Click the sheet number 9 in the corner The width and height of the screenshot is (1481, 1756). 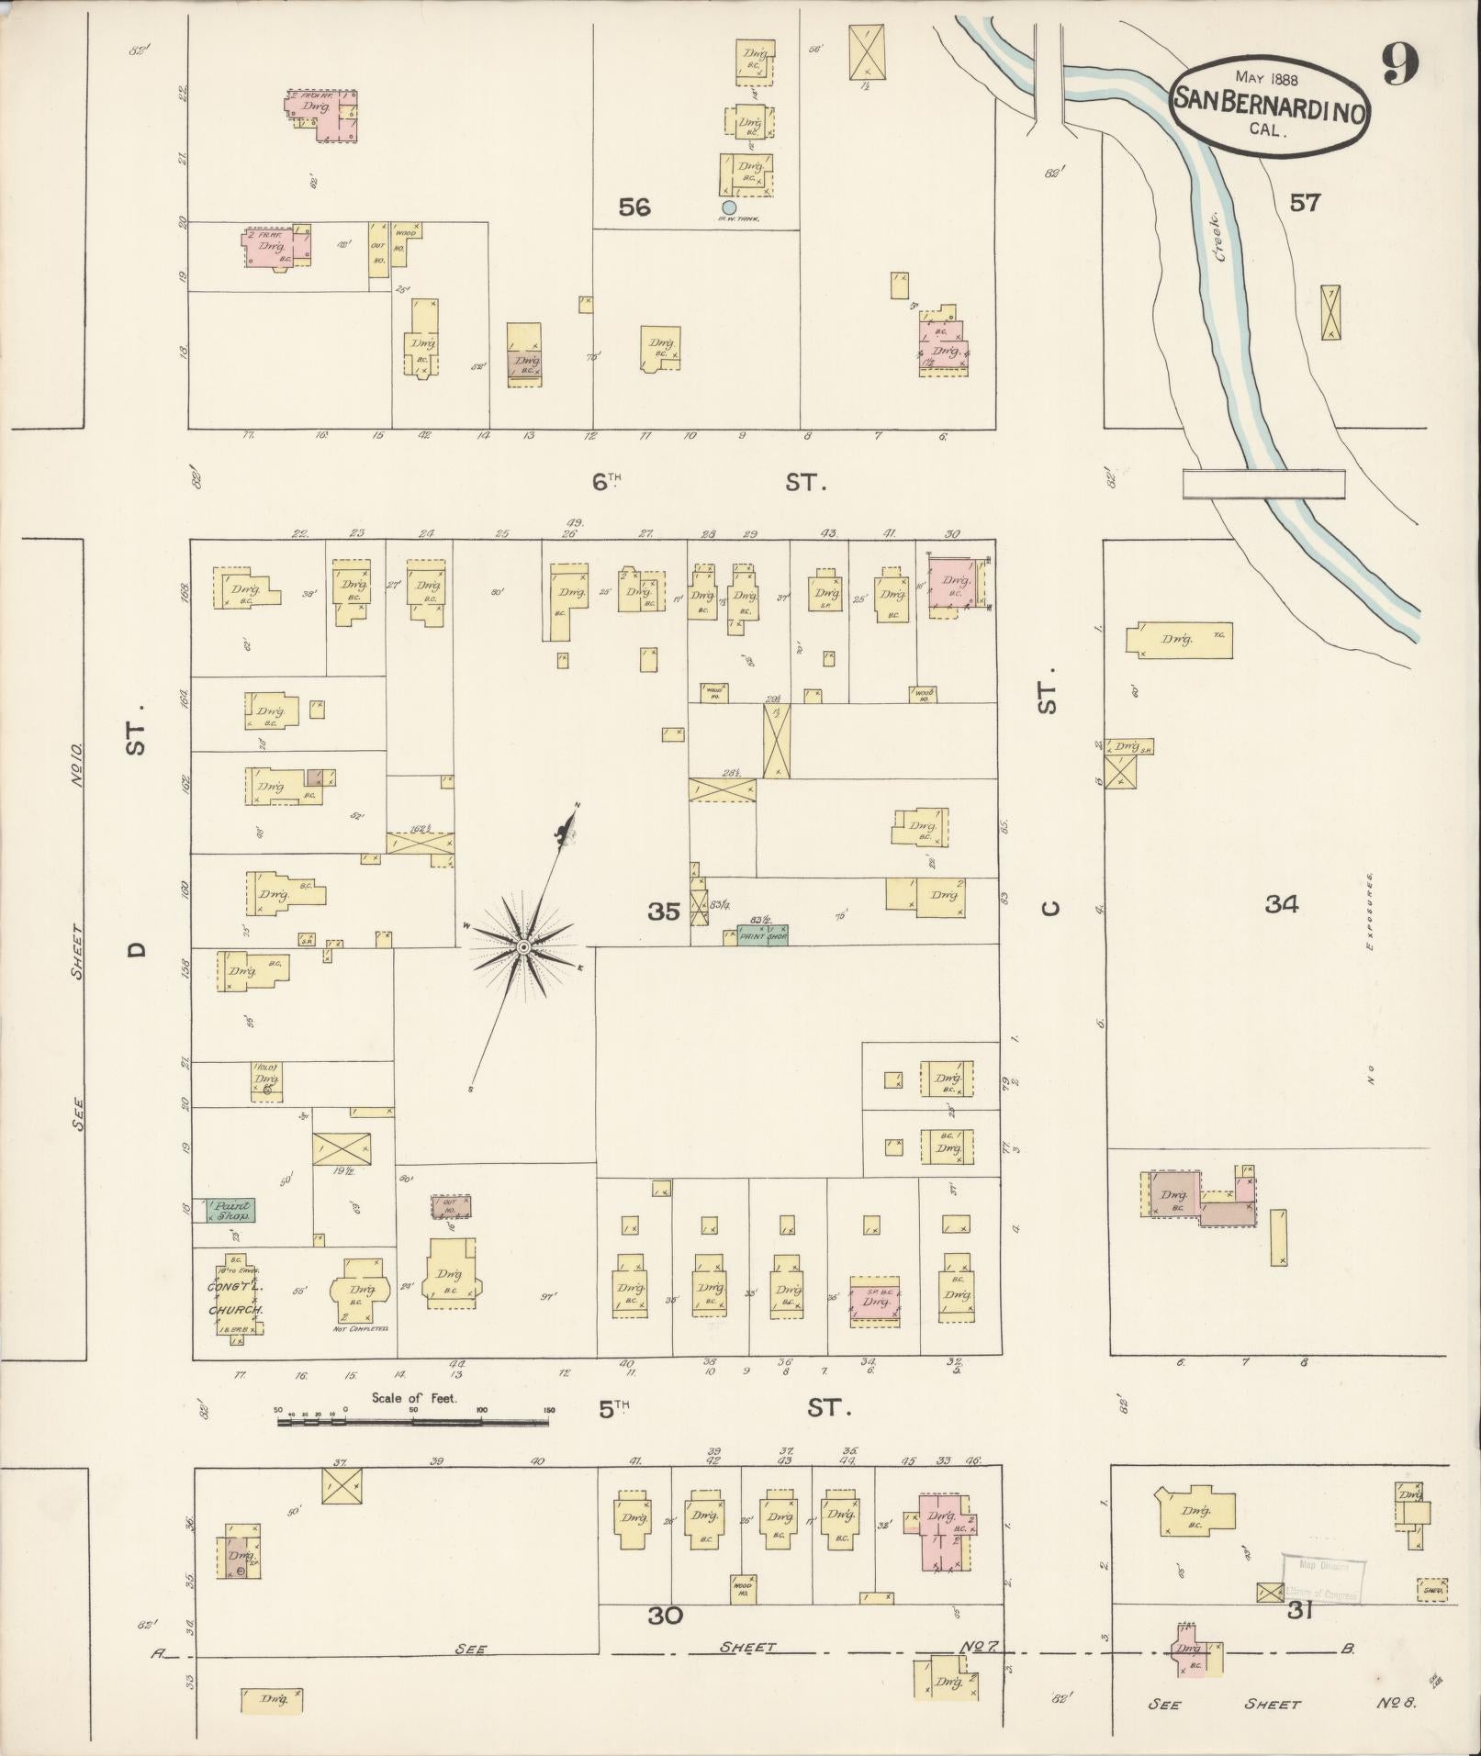(1399, 65)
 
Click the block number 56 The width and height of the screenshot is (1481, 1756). (634, 207)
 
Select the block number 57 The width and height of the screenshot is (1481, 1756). (1304, 203)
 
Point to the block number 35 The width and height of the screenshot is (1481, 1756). (664, 912)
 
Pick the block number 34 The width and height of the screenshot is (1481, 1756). (1282, 904)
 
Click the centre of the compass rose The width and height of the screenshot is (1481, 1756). (522, 946)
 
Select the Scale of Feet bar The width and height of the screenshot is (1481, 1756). (413, 1448)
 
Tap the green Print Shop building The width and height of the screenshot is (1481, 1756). (763, 935)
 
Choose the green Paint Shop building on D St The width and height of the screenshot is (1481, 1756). (230, 1211)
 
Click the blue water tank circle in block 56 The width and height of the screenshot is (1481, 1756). (729, 207)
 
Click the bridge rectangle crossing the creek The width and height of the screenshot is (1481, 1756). (1263, 484)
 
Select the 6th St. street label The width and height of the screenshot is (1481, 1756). (707, 482)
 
